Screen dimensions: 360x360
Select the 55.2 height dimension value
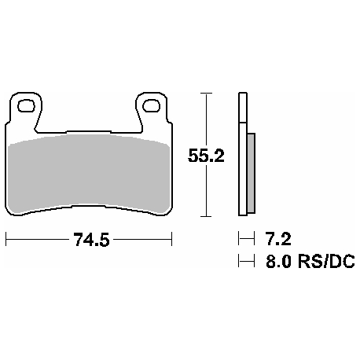coord(207,156)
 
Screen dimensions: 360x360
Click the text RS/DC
coord(325,262)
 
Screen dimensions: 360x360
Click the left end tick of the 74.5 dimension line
coord(6,239)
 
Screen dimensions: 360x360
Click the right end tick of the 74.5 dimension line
coord(171,239)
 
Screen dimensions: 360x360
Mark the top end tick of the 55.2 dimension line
coord(206,93)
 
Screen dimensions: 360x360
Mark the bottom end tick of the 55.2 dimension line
coord(206,216)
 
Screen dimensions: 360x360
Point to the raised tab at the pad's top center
coord(88,130)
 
